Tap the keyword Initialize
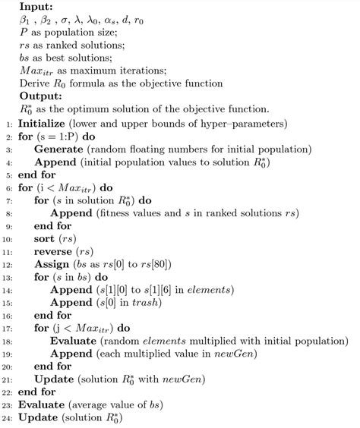click(48, 123)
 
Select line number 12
click(8, 265)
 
